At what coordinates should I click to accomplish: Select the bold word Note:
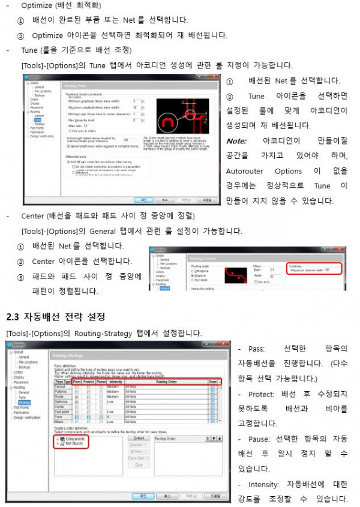point(236,141)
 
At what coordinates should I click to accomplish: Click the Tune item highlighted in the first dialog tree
point(37,119)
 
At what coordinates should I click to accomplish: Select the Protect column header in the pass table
point(89,382)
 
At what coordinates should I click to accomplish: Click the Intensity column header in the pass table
point(115,382)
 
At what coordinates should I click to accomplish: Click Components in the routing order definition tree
point(74,439)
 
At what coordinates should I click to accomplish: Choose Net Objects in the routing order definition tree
point(73,444)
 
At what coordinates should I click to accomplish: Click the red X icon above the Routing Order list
point(207,439)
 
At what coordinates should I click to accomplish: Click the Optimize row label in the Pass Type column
point(61,401)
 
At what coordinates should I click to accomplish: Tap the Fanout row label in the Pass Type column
point(59,387)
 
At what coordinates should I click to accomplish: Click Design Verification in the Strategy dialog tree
point(27,418)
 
